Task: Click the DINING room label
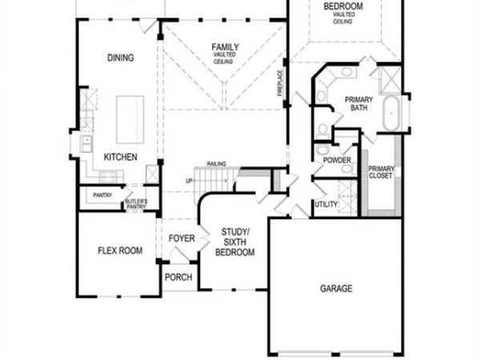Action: click(x=120, y=58)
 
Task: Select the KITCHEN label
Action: click(x=120, y=157)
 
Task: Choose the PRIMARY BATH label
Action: click(x=358, y=104)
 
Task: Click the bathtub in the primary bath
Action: click(x=392, y=114)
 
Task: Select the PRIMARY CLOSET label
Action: click(x=380, y=172)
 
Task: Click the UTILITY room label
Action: click(x=326, y=205)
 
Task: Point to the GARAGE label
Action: click(x=336, y=289)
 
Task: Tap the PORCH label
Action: click(x=178, y=278)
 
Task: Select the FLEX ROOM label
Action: click(x=120, y=250)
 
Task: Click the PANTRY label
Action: click(x=102, y=195)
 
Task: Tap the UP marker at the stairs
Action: click(x=189, y=181)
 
